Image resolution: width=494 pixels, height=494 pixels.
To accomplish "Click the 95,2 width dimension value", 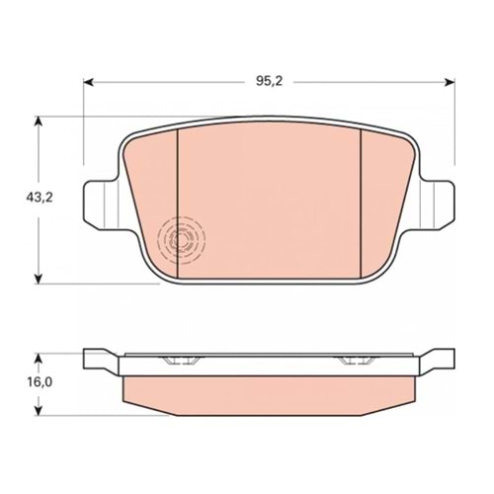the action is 270,81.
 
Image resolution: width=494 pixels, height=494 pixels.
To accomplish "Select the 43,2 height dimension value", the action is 40,198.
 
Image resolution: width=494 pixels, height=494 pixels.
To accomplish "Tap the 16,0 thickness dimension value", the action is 40,382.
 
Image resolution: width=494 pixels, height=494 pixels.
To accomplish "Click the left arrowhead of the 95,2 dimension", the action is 89,82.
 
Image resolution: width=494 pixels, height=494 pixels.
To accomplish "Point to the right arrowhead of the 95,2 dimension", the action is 450,82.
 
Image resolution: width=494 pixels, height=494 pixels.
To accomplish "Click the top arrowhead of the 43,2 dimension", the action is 39,123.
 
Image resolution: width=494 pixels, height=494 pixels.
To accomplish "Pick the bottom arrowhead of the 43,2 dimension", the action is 39,278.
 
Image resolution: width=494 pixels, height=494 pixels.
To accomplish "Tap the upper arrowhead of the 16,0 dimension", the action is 39,360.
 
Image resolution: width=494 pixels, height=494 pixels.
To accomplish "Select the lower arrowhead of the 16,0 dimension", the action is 39,409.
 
